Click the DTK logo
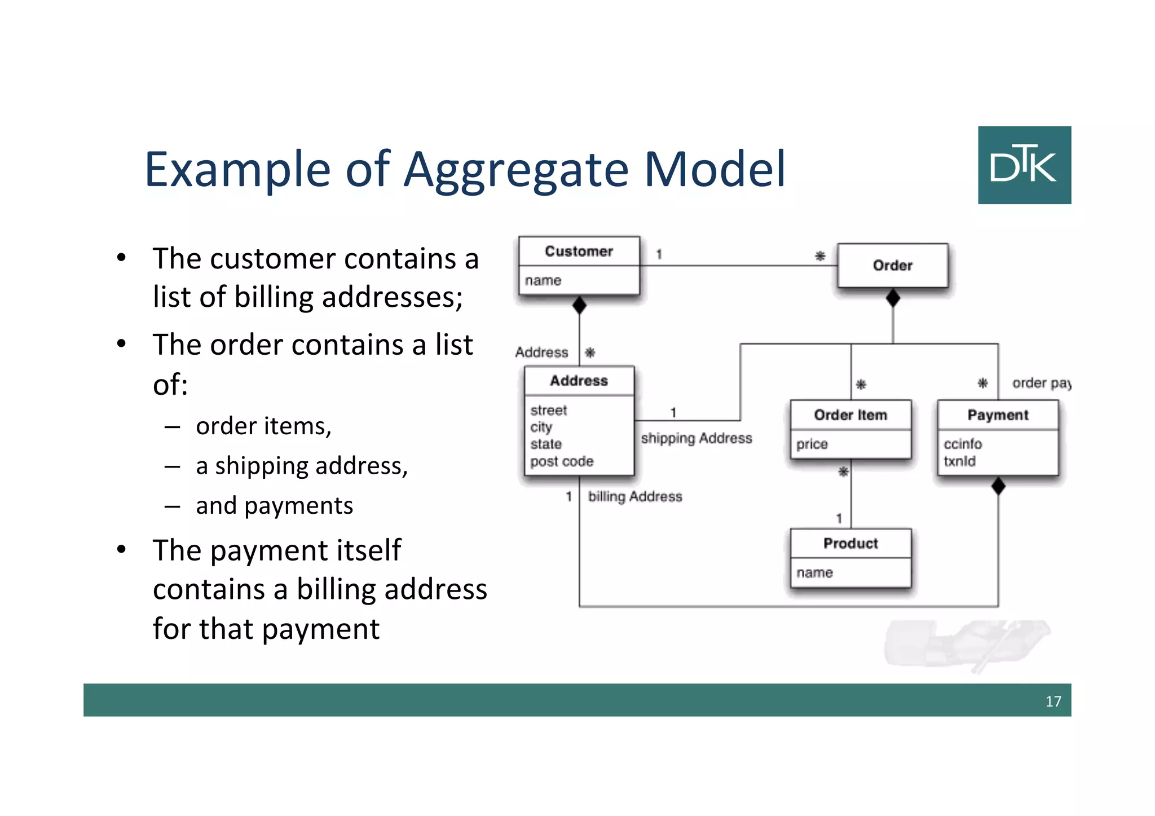coord(1024,165)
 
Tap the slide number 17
coord(1053,701)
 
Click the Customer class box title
coord(579,252)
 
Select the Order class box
coord(892,266)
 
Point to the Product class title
coord(850,544)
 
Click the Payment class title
coord(998,415)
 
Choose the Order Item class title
coord(850,415)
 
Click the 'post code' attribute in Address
coord(562,461)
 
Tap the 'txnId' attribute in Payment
coord(959,461)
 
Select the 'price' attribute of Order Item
coord(812,444)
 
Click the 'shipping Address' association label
coord(696,438)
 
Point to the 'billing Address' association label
coord(635,497)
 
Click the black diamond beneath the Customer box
coord(579,305)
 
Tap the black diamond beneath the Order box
coord(893,298)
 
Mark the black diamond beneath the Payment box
coord(998,486)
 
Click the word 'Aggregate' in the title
coord(515,170)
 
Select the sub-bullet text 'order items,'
coord(263,426)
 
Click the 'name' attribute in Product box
coord(814,573)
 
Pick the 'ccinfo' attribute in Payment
coord(963,444)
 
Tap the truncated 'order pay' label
coord(1041,383)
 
